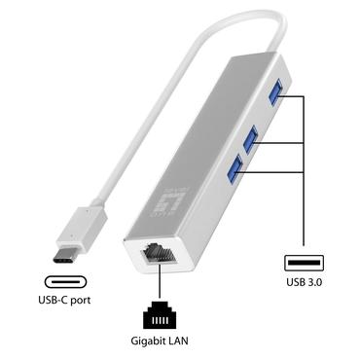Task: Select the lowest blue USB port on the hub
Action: tap(233, 171)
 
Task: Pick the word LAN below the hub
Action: tap(174, 340)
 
